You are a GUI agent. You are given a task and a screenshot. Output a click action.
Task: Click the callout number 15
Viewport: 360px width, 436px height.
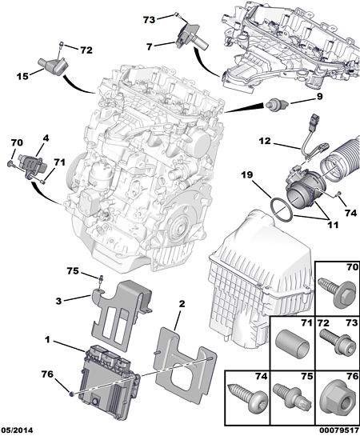click(x=22, y=76)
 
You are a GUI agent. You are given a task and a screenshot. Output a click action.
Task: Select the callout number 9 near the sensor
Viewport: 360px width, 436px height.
click(x=319, y=97)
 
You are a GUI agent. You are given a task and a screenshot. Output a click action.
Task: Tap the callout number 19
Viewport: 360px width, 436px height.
click(x=247, y=174)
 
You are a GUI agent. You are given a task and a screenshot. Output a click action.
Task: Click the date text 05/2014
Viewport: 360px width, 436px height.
click(x=17, y=430)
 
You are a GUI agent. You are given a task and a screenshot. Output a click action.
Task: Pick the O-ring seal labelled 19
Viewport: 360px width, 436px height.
click(x=282, y=210)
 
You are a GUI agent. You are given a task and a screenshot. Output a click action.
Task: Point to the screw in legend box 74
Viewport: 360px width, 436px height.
click(x=247, y=396)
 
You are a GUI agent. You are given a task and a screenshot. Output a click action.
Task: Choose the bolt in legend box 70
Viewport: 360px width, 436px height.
click(x=337, y=292)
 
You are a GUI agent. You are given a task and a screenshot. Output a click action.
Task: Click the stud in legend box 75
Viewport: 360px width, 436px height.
click(x=291, y=396)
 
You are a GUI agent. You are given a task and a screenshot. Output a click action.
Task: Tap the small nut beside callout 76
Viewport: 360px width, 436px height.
click(x=71, y=394)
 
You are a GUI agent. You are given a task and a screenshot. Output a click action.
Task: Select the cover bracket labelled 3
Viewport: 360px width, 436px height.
click(x=122, y=315)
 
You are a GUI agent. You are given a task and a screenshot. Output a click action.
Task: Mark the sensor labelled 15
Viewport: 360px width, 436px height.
click(x=52, y=66)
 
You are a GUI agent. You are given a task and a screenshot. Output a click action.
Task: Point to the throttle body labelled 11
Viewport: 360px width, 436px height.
click(x=303, y=190)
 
